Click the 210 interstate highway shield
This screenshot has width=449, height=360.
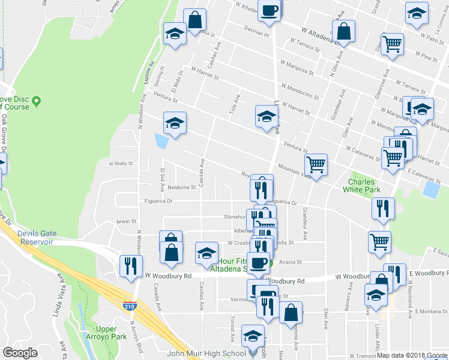click(129, 306)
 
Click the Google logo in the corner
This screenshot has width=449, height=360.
click(20, 353)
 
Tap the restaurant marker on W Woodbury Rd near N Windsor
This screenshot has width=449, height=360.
click(131, 266)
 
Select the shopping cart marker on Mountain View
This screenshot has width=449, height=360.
click(316, 164)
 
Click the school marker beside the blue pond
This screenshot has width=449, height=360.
click(175, 123)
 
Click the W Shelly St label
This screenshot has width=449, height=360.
click(120, 163)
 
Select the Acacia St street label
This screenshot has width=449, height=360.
click(290, 262)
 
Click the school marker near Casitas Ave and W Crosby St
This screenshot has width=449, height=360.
click(206, 253)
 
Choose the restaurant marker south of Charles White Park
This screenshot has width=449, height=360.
click(383, 208)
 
